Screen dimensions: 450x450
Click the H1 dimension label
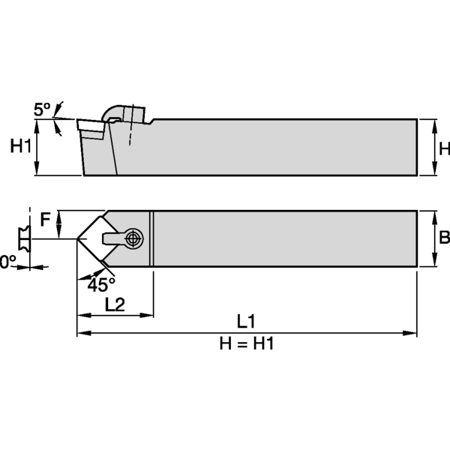21,147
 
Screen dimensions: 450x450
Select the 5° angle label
43,109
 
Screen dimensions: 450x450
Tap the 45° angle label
101,285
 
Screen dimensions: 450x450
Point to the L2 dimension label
115,304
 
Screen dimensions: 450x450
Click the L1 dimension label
246,322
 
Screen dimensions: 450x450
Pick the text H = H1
246,343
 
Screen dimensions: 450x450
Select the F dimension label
46,219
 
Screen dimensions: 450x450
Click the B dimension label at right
443,238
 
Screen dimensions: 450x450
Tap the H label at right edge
444,148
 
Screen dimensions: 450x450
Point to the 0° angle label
7,262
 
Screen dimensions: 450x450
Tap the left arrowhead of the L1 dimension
82,332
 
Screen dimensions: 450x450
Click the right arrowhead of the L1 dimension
412,332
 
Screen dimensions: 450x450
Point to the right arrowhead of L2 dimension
149,314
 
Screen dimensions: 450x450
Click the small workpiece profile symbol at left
24,238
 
